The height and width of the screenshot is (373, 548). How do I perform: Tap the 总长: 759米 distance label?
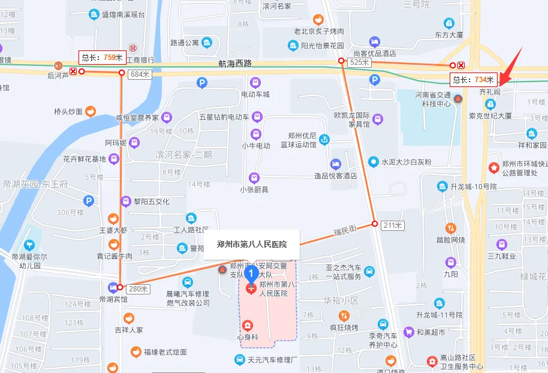pos(102,58)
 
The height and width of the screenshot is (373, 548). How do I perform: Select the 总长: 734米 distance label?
pos(474,79)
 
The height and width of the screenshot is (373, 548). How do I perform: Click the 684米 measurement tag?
pos(139,74)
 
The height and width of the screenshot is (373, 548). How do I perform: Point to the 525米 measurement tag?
pos(359,62)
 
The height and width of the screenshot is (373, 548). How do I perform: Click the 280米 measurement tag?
pos(138,289)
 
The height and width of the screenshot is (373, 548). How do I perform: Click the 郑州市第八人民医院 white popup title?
pos(251,244)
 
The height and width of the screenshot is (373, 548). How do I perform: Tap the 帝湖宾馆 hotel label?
pos(113,299)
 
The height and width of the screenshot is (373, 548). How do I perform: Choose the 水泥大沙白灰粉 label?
pos(407,162)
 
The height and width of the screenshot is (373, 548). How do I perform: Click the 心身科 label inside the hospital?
pos(247,337)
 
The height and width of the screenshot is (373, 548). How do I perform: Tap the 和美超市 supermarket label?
pos(431,332)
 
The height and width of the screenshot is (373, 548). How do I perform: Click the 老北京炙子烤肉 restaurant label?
pos(318,31)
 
